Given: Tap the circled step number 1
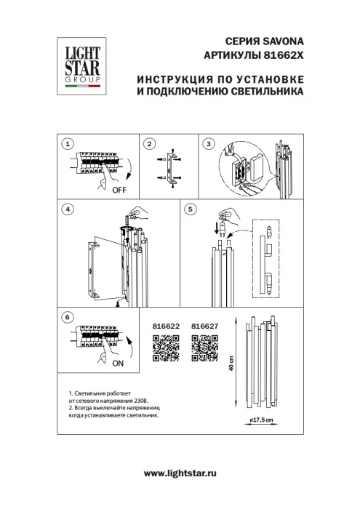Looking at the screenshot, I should point(67,144).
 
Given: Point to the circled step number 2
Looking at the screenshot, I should point(149,144).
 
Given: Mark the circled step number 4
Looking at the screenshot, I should point(67,209).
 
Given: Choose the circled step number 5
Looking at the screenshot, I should point(190,209).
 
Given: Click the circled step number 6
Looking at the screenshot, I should point(67,318).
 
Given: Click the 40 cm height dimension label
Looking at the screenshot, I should point(232,364).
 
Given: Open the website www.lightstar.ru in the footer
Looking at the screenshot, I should point(180,473).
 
